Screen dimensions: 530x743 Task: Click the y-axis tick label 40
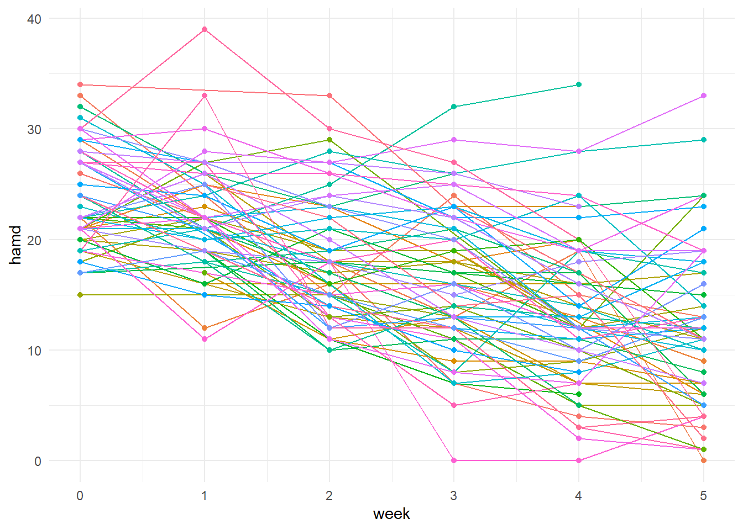point(34,19)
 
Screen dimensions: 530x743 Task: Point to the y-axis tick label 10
point(34,351)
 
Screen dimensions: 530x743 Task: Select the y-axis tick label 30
point(34,129)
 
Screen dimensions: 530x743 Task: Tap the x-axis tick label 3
point(454,496)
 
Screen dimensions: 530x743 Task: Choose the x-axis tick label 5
point(703,496)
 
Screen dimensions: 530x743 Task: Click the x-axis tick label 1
point(205,496)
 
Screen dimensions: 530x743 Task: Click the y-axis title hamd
point(15,245)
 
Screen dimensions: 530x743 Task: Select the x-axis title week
point(391,514)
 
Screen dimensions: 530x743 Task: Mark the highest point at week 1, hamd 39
point(205,29)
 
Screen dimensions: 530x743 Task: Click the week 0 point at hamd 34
point(80,84)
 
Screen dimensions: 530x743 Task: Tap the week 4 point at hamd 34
point(579,84)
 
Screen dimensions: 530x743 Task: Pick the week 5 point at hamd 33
point(703,96)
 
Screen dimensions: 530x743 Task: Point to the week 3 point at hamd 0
point(454,460)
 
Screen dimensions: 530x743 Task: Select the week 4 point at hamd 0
point(579,460)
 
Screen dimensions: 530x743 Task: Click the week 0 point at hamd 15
point(80,295)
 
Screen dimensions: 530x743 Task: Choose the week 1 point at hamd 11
point(205,339)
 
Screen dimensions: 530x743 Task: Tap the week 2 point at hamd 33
point(329,96)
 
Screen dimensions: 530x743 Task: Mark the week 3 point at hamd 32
point(454,107)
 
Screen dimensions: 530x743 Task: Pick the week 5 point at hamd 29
point(703,140)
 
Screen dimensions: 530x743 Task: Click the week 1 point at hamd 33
point(205,96)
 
